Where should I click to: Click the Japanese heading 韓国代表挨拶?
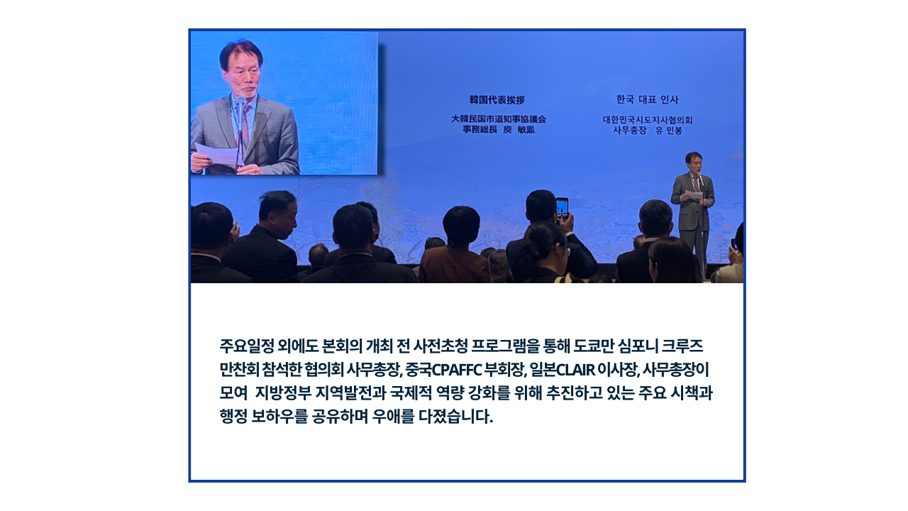497,99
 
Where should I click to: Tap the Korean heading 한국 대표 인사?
647,99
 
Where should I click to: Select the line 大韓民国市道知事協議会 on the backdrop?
499,119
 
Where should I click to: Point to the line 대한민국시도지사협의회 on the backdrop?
648,120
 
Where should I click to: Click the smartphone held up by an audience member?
562,209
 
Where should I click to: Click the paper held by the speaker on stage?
693,195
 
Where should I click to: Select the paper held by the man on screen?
218,155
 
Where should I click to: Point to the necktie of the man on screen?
245,126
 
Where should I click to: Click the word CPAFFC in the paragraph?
456,370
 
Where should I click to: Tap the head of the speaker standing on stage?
694,162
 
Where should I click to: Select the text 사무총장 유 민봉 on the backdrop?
648,131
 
